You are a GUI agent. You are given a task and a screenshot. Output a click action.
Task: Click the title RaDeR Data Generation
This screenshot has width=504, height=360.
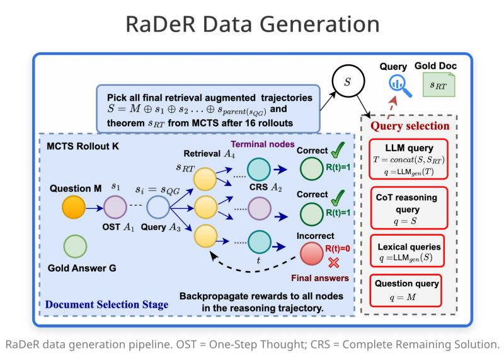coord(252,25)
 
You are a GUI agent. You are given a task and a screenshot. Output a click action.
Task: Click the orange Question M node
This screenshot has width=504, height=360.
coord(73,206)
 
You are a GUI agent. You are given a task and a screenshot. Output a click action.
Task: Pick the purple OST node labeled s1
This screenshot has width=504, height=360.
coord(115,206)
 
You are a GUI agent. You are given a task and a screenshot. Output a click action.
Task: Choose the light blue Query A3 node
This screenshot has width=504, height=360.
coord(157,206)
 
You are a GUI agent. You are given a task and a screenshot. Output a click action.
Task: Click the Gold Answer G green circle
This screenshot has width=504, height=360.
coord(74,247)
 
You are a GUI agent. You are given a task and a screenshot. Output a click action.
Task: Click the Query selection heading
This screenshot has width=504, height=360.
coord(409,125)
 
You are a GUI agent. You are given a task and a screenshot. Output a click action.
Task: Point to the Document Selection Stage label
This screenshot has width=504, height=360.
coord(107,305)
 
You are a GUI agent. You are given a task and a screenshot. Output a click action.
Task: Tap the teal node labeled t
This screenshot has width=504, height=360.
coord(258,241)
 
